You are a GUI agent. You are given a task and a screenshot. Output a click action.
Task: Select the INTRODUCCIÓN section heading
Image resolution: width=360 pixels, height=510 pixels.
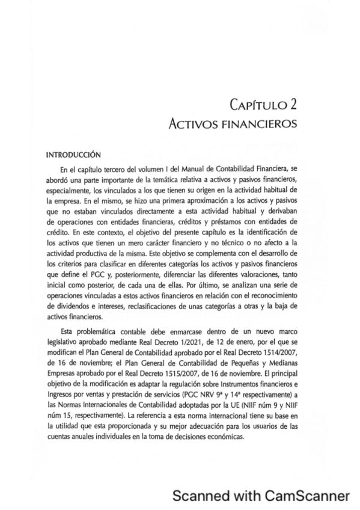tap(73, 154)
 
